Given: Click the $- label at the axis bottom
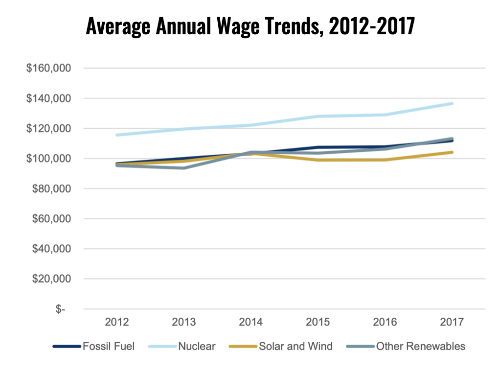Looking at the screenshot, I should point(60,309).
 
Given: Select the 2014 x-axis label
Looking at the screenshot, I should point(250,322).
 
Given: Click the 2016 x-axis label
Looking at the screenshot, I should point(385,322).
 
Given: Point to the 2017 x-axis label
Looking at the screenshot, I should point(452,322).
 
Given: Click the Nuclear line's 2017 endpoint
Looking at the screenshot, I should point(452,103).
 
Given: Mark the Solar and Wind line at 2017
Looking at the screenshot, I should point(452,152).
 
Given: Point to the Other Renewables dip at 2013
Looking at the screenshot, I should point(184,168).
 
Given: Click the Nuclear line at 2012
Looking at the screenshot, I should point(117,135).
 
